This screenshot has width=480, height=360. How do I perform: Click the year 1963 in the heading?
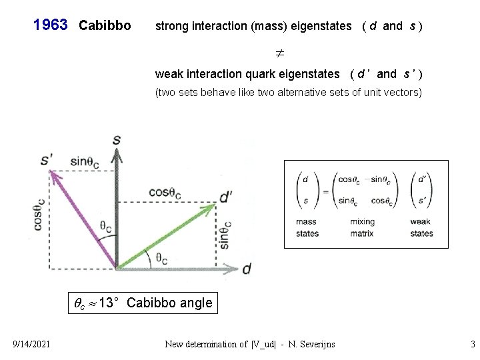51,25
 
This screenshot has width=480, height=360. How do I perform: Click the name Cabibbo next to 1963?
105,26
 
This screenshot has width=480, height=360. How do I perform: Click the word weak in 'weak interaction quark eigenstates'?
168,73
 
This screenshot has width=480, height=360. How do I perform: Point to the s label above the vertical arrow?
117,140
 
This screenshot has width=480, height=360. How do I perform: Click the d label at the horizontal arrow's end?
247,268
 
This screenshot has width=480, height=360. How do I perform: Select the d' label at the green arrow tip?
226,197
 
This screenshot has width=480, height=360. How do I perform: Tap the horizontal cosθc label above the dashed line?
165,193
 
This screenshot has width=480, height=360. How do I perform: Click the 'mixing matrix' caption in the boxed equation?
362,227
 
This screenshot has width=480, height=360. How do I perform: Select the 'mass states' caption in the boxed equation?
307,227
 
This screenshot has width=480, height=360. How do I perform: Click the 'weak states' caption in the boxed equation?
421,227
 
